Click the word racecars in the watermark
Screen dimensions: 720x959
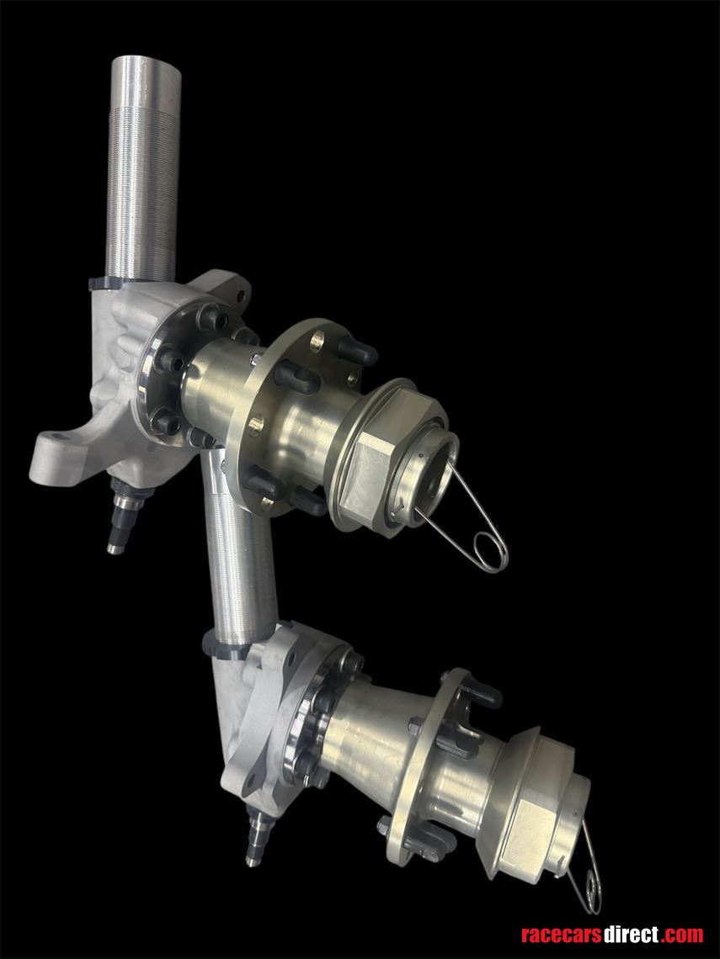pos(561,935)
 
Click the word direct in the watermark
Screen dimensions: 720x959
pos(630,935)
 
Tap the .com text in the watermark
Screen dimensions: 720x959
pos(681,935)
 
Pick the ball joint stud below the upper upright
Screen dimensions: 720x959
pos(122,517)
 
